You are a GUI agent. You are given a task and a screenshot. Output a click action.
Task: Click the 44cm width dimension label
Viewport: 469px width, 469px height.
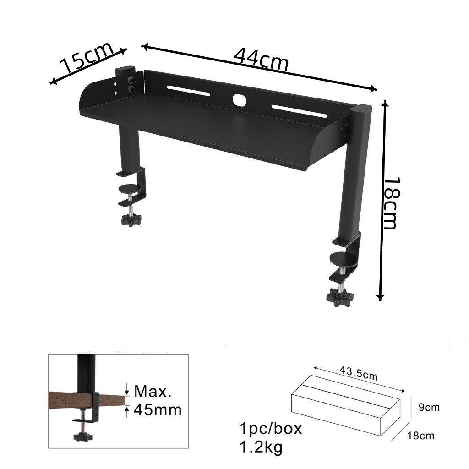tap(261, 60)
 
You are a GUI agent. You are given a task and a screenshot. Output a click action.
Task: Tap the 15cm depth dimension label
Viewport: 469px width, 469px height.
tap(87, 57)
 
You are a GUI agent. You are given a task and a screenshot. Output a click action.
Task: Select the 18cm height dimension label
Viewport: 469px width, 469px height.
tap(391, 203)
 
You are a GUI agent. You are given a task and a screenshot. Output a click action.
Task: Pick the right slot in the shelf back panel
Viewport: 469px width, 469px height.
tap(299, 111)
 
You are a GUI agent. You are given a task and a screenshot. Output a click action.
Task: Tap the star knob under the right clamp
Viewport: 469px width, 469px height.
tap(339, 296)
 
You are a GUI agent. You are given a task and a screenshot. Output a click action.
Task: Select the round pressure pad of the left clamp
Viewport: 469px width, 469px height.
tap(130, 189)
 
